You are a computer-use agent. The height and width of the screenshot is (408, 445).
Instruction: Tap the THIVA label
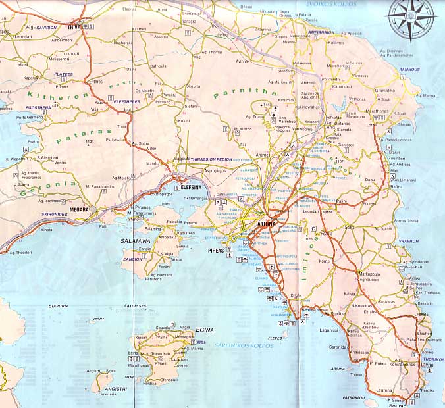pyautogui.click(x=72, y=28)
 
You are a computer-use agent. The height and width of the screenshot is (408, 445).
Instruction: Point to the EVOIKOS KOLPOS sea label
pyautogui.click(x=331, y=4)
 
